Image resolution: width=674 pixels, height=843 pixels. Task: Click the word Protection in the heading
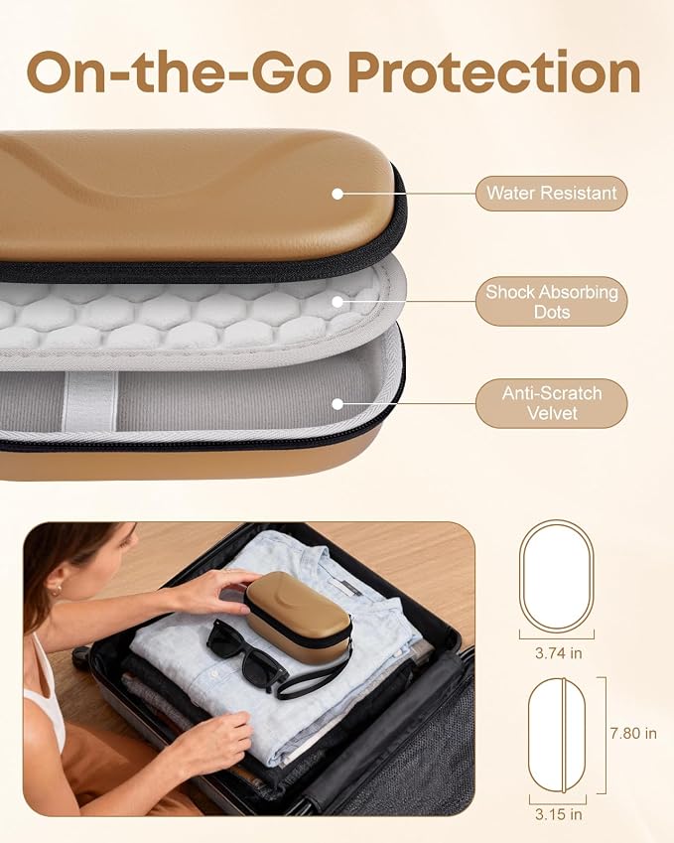tap(494, 71)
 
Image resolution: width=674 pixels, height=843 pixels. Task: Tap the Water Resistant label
tap(552, 193)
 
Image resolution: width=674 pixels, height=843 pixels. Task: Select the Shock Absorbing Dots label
tap(552, 302)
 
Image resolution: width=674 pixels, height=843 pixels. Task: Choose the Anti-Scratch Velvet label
tap(552, 403)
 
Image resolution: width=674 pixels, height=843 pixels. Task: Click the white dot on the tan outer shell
tap(337, 194)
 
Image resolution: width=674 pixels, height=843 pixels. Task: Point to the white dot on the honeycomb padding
tap(337, 302)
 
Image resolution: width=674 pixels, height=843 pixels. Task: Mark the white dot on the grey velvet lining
tap(337, 404)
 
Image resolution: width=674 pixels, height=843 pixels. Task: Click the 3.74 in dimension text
tap(559, 653)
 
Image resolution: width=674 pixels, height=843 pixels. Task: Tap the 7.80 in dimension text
tap(633, 733)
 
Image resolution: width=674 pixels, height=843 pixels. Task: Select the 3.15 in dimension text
tap(558, 814)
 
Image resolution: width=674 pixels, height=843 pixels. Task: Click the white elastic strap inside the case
tap(90, 400)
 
